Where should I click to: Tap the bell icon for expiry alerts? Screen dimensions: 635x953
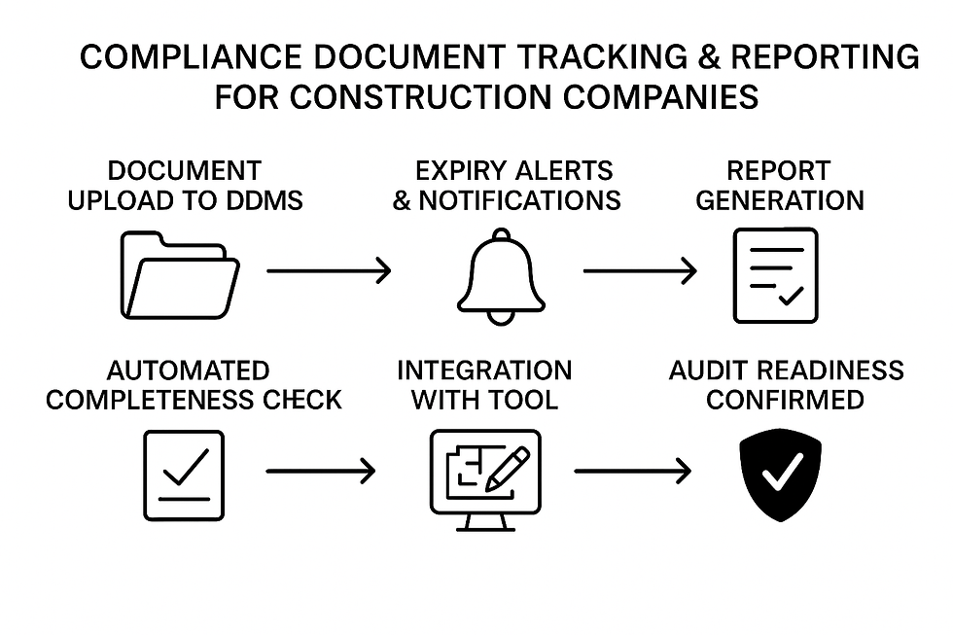(x=502, y=276)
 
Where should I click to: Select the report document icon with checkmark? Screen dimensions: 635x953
(x=775, y=274)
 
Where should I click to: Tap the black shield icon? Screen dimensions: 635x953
(x=780, y=474)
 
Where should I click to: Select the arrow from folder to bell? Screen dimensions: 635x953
(x=329, y=271)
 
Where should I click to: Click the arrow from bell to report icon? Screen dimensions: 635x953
(x=640, y=271)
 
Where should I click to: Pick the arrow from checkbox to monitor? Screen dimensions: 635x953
(x=320, y=473)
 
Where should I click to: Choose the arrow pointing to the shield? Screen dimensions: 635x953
(x=632, y=473)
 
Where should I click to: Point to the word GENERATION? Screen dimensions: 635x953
(x=779, y=201)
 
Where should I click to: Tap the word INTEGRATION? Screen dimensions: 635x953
(x=484, y=370)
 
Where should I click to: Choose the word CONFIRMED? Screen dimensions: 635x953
(x=785, y=400)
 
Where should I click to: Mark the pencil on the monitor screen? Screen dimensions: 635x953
(x=509, y=466)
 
